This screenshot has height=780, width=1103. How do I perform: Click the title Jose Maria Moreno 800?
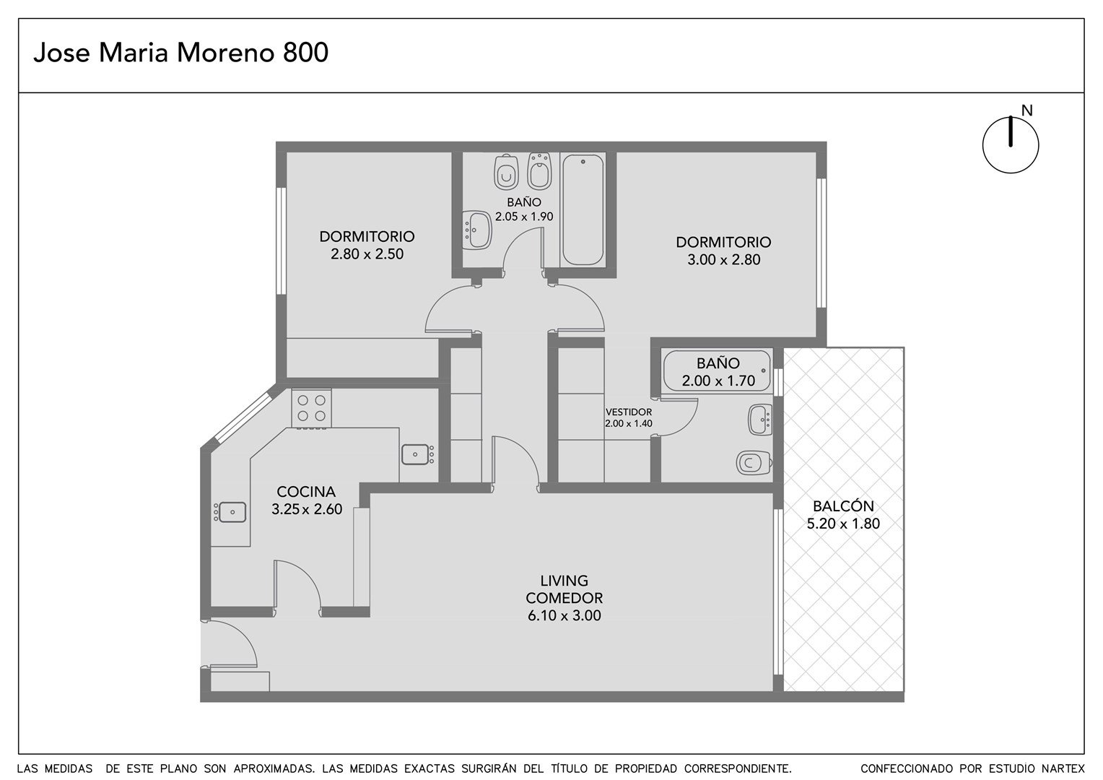coord(180,53)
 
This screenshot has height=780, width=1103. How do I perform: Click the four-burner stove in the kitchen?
coord(311,409)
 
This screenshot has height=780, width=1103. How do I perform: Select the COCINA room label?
coord(306,491)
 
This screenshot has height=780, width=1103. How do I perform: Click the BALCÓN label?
coord(844,506)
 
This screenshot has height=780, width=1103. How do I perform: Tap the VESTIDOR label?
coord(629,412)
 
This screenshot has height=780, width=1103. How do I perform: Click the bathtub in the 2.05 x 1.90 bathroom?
coord(583,210)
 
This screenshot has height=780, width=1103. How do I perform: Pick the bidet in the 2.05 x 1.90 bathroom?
coord(540,171)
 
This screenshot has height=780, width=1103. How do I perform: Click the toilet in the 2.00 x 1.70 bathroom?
coord(754,463)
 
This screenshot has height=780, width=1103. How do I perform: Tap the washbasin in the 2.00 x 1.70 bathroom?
coord(760,420)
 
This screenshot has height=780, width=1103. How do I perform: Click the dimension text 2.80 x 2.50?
coord(367,253)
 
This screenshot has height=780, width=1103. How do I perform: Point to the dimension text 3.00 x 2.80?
coord(724,260)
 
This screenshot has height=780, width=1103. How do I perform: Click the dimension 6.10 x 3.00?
coord(564,615)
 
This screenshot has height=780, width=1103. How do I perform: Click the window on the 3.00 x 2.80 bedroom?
coord(821,243)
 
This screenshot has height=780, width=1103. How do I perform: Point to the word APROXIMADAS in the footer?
coord(274,768)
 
